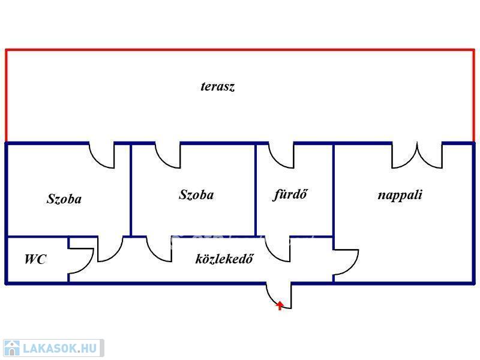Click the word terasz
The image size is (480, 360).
click(218, 86)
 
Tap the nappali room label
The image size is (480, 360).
click(400, 196)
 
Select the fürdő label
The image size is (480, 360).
click(290, 194)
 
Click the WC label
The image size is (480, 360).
click(35, 259)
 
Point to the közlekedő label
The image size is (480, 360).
click(224, 259)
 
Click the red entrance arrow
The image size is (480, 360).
click(280, 305)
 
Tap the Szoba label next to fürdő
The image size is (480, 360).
click(196, 195)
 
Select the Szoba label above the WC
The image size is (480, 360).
click(64, 199)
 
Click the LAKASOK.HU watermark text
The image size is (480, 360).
click(59, 349)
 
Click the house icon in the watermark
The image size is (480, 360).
click(11, 349)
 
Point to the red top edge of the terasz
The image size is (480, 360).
click(240, 50)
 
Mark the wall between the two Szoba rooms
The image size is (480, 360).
click(131, 190)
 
